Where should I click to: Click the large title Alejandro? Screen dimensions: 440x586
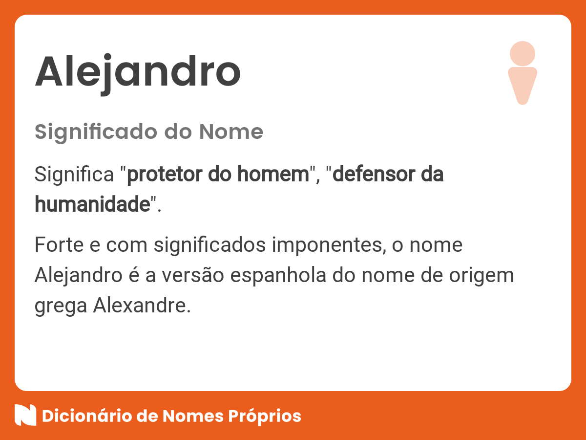click(138, 72)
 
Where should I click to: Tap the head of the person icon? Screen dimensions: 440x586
click(523, 53)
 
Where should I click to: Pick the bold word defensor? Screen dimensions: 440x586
click(371, 175)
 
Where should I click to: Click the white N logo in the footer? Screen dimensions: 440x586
click(25, 416)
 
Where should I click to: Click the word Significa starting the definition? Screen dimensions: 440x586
click(75, 175)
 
